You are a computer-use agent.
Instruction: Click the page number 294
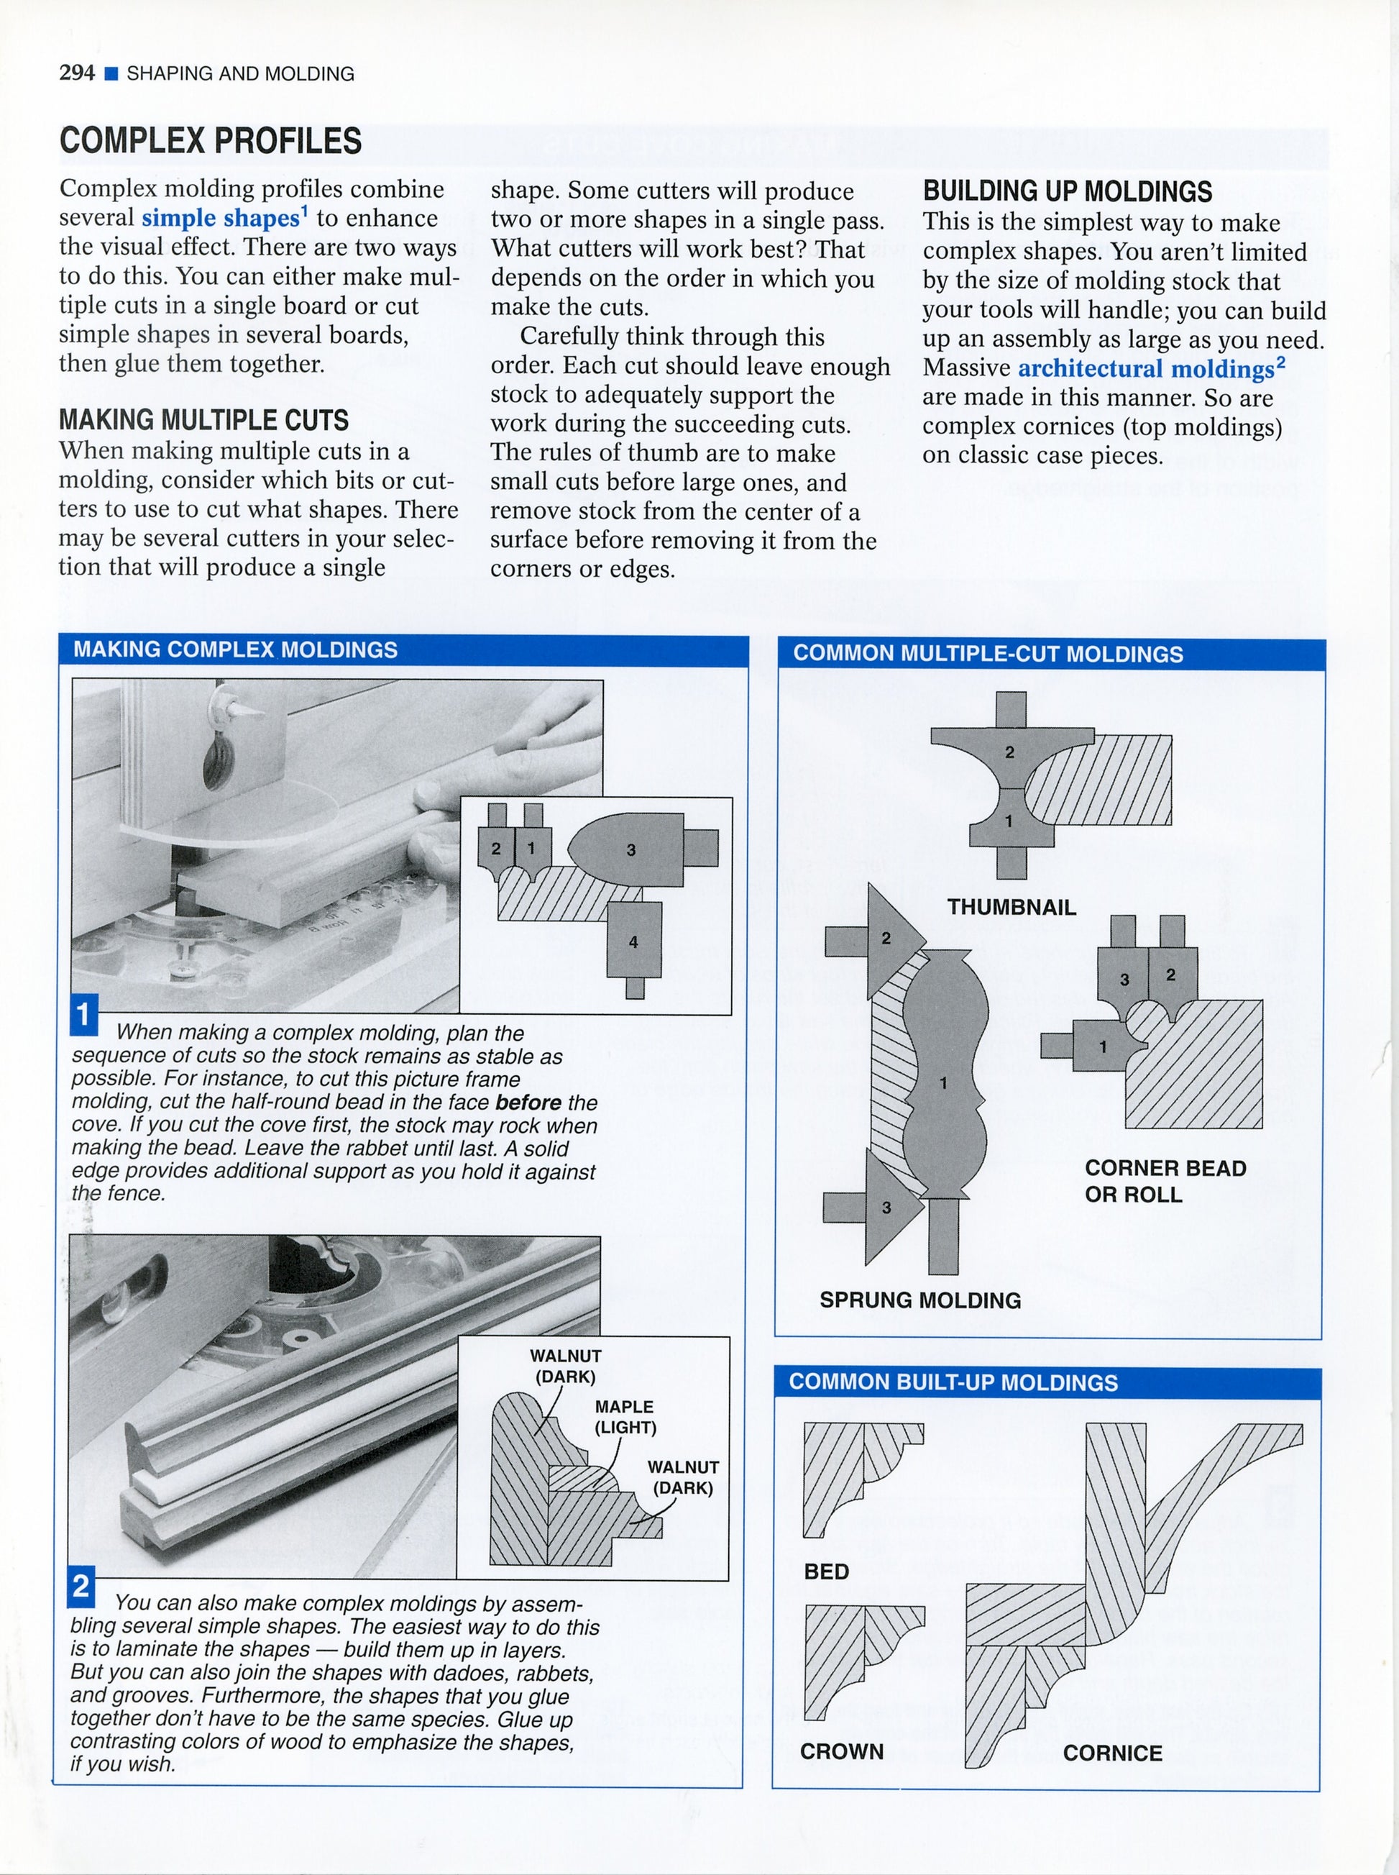pyautogui.click(x=76, y=73)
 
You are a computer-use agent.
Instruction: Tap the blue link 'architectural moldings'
pyautogui.click(x=1146, y=370)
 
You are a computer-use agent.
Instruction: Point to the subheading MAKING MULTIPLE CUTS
pyautogui.click(x=203, y=420)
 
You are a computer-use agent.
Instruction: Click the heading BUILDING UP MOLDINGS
pyautogui.click(x=1067, y=191)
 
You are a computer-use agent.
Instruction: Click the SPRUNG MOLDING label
pyautogui.click(x=919, y=1300)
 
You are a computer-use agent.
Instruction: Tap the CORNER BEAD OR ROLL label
pyautogui.click(x=1165, y=1181)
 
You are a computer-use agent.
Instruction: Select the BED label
pyautogui.click(x=826, y=1571)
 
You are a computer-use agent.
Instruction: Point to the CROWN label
pyautogui.click(x=841, y=1751)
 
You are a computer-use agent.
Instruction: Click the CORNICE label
pyautogui.click(x=1112, y=1753)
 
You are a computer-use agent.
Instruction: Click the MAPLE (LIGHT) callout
pyautogui.click(x=624, y=1418)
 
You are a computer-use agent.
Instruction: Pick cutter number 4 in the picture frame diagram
pyautogui.click(x=633, y=942)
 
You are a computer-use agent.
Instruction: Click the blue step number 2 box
pyautogui.click(x=81, y=1585)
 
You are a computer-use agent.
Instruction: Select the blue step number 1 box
pyautogui.click(x=83, y=1016)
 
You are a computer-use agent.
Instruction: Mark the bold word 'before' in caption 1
pyautogui.click(x=528, y=1103)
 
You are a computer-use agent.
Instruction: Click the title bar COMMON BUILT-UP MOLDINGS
pyautogui.click(x=953, y=1383)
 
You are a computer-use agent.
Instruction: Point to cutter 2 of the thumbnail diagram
pyautogui.click(x=1009, y=752)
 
